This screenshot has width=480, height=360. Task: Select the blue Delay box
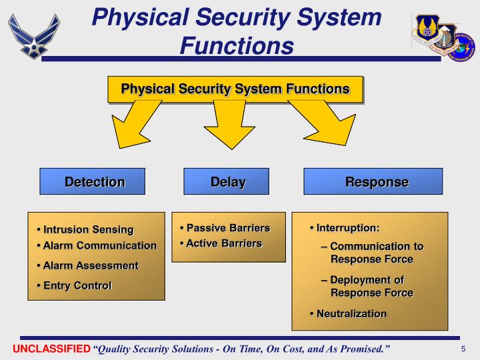click(x=226, y=181)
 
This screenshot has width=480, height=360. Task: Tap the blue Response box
click(x=373, y=181)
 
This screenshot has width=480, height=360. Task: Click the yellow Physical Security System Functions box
click(x=235, y=89)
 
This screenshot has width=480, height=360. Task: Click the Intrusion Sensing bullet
click(x=88, y=230)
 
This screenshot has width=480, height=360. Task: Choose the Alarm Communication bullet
click(x=99, y=245)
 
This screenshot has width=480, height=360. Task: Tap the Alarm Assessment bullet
click(x=91, y=265)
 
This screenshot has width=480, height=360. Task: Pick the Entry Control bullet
click(x=77, y=285)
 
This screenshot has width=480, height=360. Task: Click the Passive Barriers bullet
click(x=227, y=228)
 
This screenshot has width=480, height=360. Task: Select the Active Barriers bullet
click(x=223, y=243)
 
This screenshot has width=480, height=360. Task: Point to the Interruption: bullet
click(x=347, y=228)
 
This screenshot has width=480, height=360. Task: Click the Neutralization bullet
click(x=351, y=313)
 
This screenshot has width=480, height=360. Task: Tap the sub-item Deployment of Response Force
click(x=371, y=286)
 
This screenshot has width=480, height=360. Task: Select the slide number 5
click(x=463, y=349)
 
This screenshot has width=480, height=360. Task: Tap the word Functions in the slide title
click(x=237, y=45)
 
